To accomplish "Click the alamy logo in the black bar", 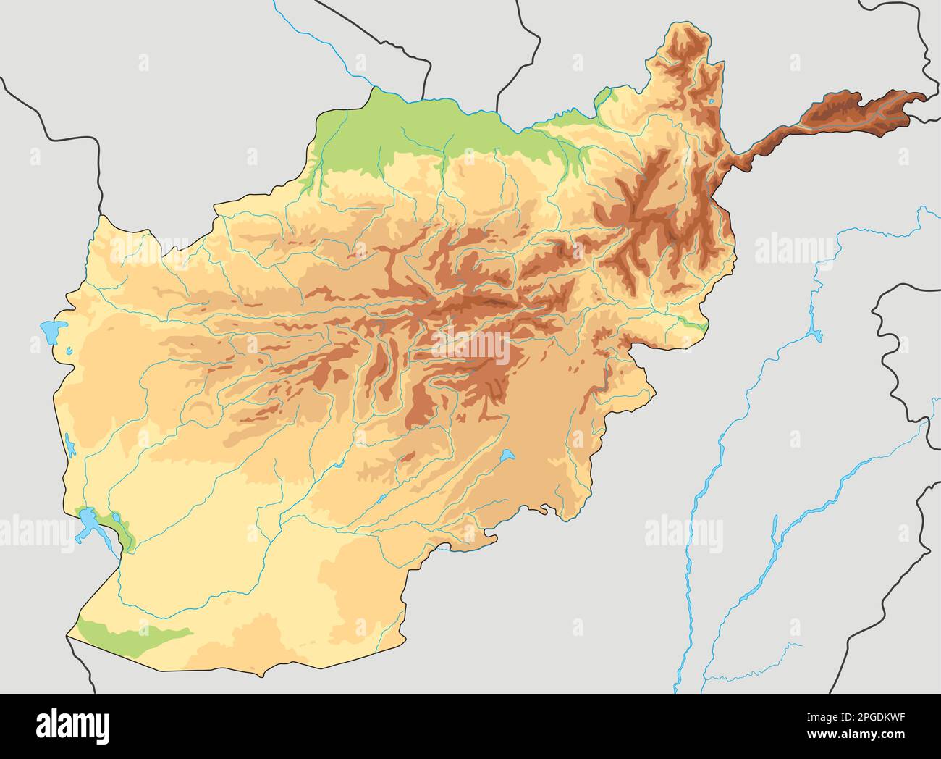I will click(x=73, y=726).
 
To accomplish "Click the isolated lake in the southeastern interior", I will click(x=506, y=456).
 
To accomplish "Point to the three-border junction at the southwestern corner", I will click(x=67, y=636).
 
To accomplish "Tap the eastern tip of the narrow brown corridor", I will click(x=925, y=97).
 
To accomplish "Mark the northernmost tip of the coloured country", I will click(x=688, y=22).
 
